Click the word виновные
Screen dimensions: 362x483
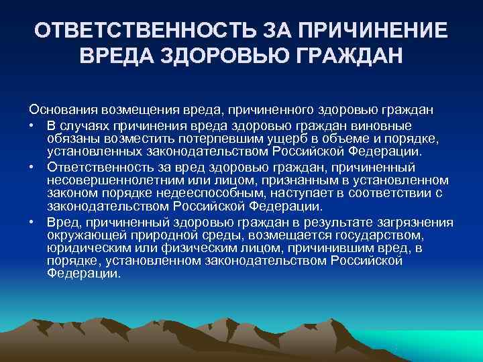click(388, 126)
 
